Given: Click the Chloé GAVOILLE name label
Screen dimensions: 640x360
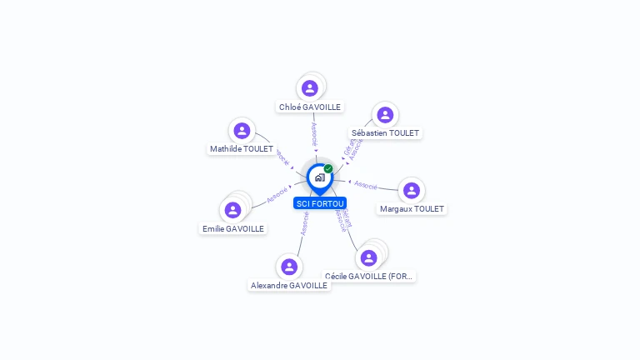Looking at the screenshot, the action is click(x=310, y=107).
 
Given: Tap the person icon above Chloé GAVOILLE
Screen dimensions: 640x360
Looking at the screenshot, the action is click(x=310, y=88).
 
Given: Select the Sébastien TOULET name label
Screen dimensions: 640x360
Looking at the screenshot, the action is click(x=386, y=133).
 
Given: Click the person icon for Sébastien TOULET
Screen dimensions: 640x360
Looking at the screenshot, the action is click(x=384, y=115).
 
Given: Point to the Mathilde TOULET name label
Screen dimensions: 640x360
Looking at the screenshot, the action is click(x=242, y=149).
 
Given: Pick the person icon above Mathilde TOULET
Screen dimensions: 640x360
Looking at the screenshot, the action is click(x=242, y=131).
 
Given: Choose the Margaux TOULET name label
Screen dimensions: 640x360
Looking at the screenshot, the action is click(x=412, y=209).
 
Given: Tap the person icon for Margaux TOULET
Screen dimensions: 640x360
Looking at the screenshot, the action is click(x=411, y=191).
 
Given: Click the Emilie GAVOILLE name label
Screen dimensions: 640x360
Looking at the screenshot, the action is click(x=233, y=228).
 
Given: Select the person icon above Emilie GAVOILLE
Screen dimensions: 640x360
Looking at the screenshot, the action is click(x=233, y=210).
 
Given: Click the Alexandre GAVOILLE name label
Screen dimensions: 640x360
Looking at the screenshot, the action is click(x=289, y=285).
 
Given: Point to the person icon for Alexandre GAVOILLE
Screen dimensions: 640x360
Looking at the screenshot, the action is click(x=289, y=267).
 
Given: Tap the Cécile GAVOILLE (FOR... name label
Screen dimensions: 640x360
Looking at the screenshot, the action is click(x=369, y=276).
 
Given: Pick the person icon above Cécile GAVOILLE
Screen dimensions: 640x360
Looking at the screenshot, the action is click(x=368, y=257).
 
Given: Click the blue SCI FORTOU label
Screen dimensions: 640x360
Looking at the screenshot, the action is click(x=320, y=203).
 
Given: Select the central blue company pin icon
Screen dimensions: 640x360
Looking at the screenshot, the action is click(x=319, y=177).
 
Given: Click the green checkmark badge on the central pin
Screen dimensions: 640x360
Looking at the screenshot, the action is click(x=328, y=169).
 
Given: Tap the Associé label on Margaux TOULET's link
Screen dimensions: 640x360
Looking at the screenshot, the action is click(x=366, y=184).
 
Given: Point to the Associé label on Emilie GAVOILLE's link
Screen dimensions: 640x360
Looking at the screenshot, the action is click(x=277, y=197).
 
